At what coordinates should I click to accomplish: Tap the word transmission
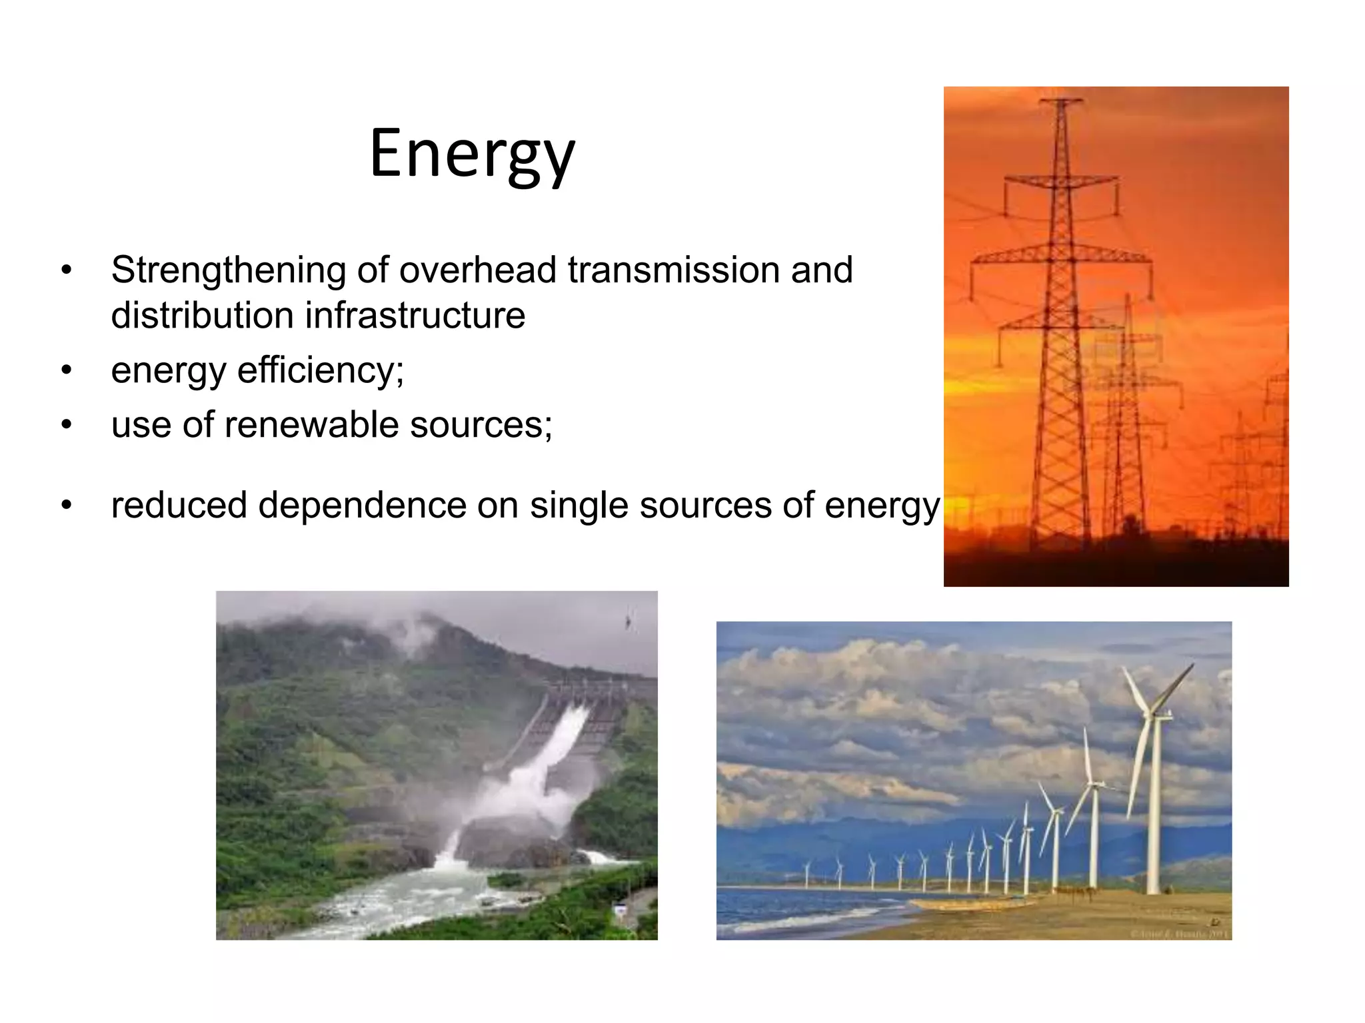[673, 270]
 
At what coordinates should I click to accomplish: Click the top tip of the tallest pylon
[1060, 101]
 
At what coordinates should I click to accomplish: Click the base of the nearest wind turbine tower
[1153, 891]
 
